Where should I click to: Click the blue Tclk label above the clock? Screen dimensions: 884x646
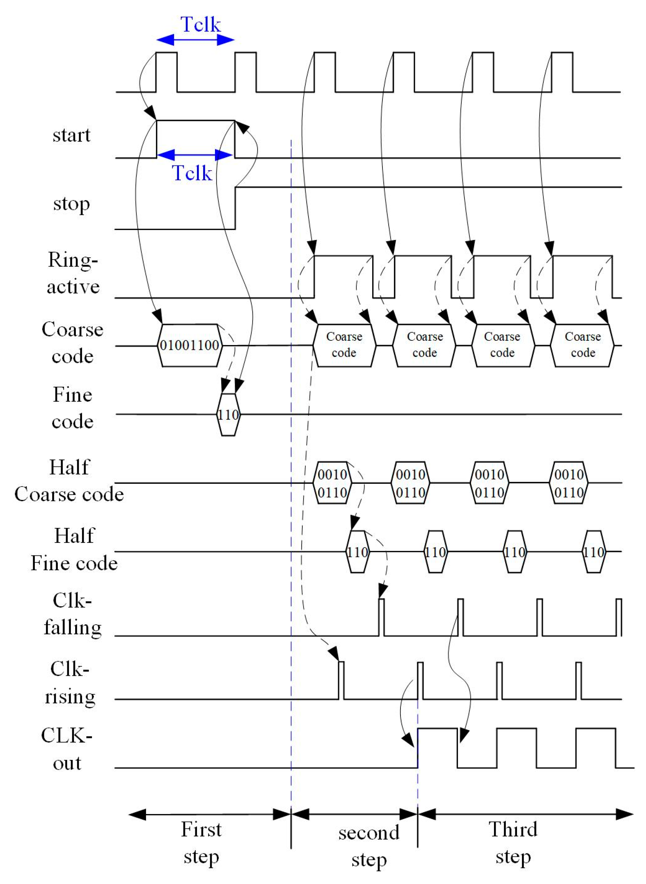click(x=200, y=24)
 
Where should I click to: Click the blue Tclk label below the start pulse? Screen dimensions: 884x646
click(x=192, y=172)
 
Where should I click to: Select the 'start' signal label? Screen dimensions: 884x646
click(x=71, y=135)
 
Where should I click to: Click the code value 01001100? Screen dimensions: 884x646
click(x=190, y=345)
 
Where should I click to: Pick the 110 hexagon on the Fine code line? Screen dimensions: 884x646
click(x=228, y=415)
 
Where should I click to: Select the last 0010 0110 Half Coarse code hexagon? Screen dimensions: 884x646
click(x=569, y=483)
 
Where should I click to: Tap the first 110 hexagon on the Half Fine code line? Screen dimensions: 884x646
click(x=357, y=552)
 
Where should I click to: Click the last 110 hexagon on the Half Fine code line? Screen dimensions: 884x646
click(x=593, y=552)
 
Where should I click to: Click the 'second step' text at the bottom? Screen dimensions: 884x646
click(x=368, y=845)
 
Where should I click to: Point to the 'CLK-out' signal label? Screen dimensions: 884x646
click(x=67, y=749)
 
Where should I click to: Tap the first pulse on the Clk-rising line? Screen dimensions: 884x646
click(x=341, y=679)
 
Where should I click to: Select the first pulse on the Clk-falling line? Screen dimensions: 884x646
click(x=381, y=617)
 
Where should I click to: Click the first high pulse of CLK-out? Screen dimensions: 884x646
click(x=437, y=747)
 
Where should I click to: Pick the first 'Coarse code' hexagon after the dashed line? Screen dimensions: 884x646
click(x=344, y=345)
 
